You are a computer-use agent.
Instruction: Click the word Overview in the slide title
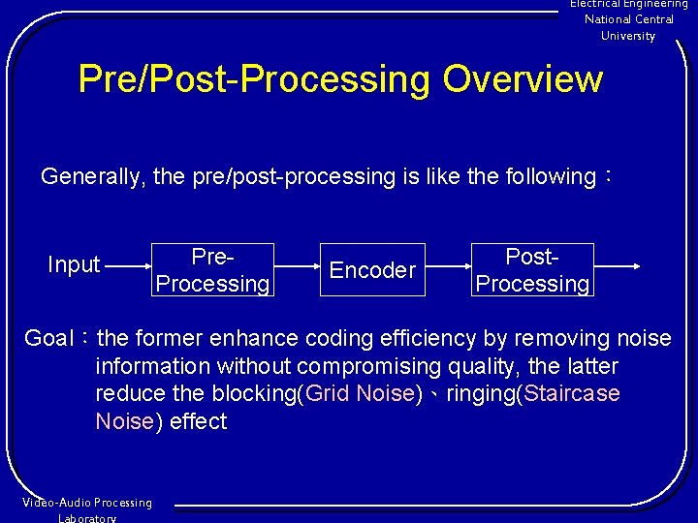[x=523, y=79]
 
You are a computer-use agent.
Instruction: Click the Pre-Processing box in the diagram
[x=212, y=270]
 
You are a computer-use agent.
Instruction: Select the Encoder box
[x=372, y=270]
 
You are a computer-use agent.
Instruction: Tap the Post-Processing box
[x=532, y=270]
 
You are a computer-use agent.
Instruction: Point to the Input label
[x=74, y=264]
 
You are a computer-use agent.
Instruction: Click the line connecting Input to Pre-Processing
[x=127, y=264]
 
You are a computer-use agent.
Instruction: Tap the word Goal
[x=48, y=339]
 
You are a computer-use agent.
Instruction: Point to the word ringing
[x=481, y=394]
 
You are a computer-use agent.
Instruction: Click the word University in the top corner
[x=628, y=36]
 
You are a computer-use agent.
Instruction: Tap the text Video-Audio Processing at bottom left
[x=87, y=503]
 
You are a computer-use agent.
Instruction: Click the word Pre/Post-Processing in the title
[x=255, y=79]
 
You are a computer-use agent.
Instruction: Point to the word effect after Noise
[x=198, y=421]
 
